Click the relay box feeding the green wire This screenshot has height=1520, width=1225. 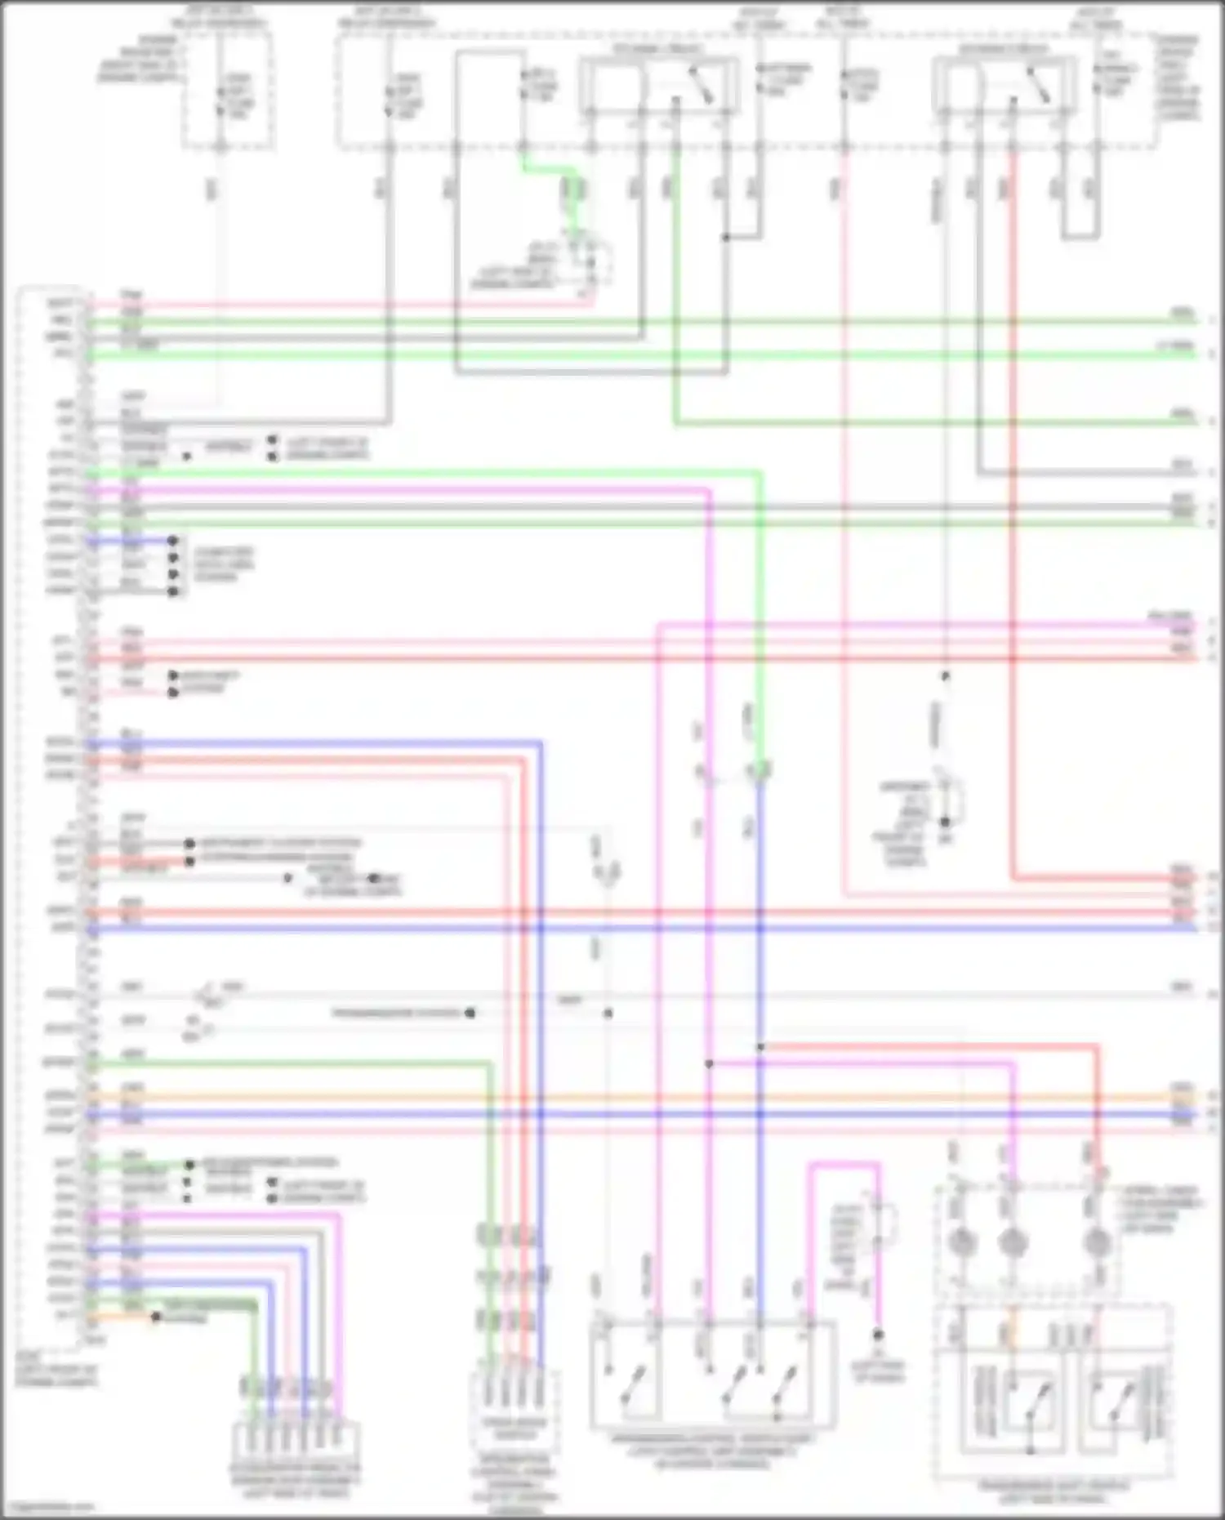tap(659, 85)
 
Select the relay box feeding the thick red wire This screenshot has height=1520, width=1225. tap(1003, 85)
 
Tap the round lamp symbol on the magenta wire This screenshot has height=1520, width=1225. tap(1013, 1243)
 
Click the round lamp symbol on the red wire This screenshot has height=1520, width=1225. tap(1097, 1243)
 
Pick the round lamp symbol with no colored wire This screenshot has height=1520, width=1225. tap(962, 1243)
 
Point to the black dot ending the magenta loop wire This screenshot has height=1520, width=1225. tap(878, 1335)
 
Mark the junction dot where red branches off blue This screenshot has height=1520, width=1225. tap(760, 1046)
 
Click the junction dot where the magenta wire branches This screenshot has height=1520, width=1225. tap(709, 1063)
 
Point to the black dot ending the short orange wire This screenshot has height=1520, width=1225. tap(155, 1317)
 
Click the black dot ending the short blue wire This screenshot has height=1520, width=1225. tap(172, 541)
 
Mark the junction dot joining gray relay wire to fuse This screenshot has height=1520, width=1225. tap(725, 238)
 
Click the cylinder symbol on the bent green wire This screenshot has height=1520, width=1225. tap(574, 190)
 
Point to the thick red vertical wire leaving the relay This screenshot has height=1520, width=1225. tap(1013, 506)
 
